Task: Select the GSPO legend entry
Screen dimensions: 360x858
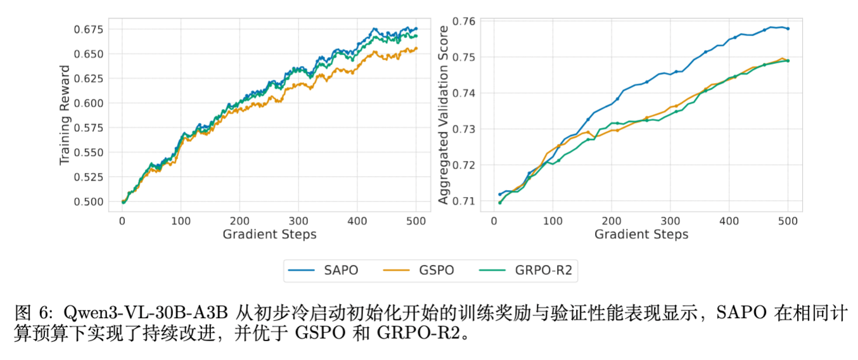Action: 419,270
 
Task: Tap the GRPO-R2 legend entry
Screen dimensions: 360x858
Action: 525,270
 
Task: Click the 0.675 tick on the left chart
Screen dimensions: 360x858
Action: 91,29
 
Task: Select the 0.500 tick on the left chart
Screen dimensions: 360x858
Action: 91,202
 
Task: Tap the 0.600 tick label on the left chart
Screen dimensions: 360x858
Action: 91,103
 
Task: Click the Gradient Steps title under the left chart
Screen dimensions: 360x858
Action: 269,235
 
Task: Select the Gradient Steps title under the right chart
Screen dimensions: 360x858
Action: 641,235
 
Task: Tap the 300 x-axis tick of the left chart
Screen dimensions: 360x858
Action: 298,221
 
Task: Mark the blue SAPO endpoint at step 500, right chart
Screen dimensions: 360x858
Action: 788,29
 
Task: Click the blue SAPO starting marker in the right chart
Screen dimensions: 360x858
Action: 500,194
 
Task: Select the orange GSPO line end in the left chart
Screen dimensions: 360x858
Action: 416,48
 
